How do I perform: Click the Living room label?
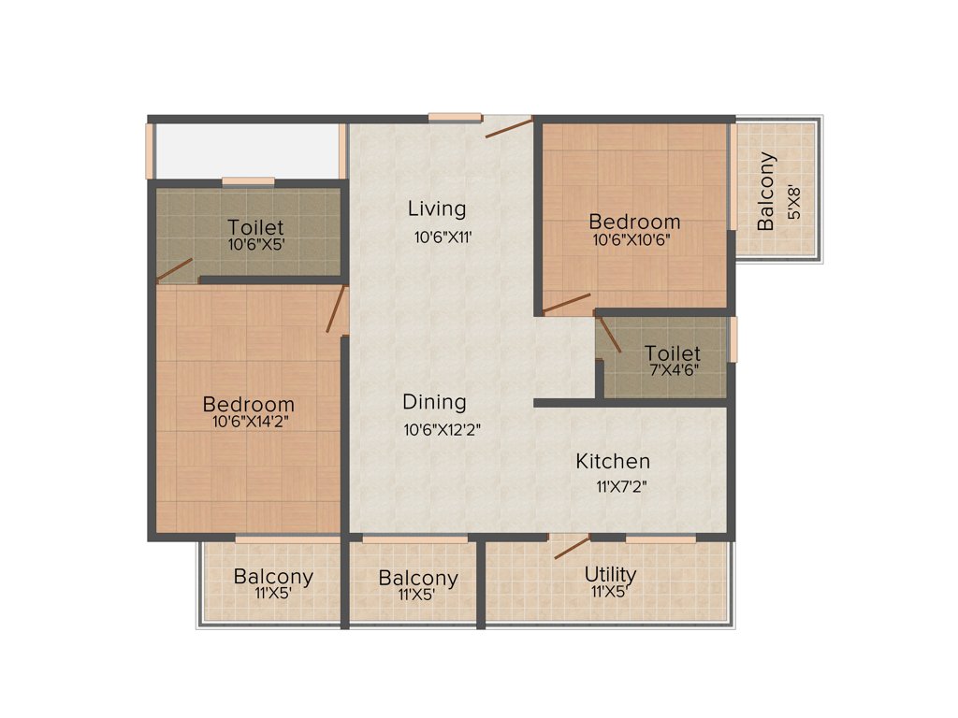click(x=436, y=208)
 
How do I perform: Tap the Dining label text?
click(x=434, y=402)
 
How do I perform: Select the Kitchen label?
click(x=612, y=461)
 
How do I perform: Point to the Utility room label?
click(x=610, y=573)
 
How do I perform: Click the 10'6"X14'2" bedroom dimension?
click(x=248, y=422)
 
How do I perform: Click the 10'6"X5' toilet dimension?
click(x=255, y=245)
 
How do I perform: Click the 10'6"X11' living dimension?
click(x=442, y=237)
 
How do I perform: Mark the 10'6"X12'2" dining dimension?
click(x=442, y=430)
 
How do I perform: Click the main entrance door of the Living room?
click(x=509, y=127)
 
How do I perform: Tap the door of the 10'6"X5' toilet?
click(x=174, y=270)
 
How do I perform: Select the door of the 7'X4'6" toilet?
click(x=610, y=335)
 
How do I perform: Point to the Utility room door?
click(x=572, y=548)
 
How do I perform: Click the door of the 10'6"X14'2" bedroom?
click(x=337, y=310)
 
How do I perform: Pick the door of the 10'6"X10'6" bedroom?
click(x=566, y=304)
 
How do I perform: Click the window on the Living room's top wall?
click(x=456, y=117)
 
